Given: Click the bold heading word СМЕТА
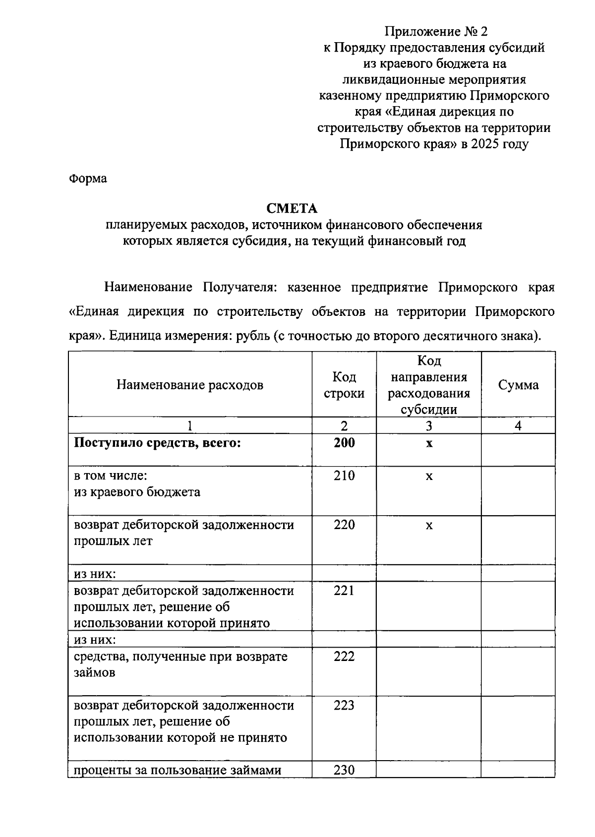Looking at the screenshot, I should tap(292, 208).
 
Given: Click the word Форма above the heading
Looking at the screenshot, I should tap(87, 179).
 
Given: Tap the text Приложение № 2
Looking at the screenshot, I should tap(436, 32).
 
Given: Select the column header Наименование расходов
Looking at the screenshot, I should tap(190, 385).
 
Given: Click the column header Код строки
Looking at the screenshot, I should tap(344, 385).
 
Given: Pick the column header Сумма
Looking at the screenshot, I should tap(518, 385).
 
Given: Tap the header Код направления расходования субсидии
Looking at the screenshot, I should tap(429, 385).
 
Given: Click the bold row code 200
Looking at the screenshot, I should tap(344, 443).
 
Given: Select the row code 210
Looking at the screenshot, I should tap(344, 476).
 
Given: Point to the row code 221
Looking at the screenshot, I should tap(344, 591).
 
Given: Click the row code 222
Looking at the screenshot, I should tap(344, 657).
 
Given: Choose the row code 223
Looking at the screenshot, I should tap(344, 705).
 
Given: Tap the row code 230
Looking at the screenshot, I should tap(344, 770).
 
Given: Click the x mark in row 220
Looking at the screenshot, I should tap(429, 526).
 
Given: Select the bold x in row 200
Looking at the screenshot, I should tap(429, 443).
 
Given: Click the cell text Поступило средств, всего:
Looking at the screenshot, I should tap(157, 443).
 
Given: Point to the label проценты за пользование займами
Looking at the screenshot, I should tap(178, 770).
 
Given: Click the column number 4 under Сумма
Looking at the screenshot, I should tap(518, 426).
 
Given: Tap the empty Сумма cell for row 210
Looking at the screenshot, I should tap(518, 491).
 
